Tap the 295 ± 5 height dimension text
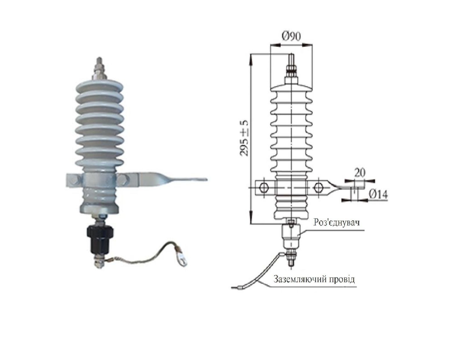click(245, 138)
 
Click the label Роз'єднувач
click(337, 222)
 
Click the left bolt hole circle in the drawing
click(264, 188)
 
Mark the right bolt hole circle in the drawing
click(319, 188)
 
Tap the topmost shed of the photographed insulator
click(100, 86)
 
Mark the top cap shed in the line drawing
click(291, 86)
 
